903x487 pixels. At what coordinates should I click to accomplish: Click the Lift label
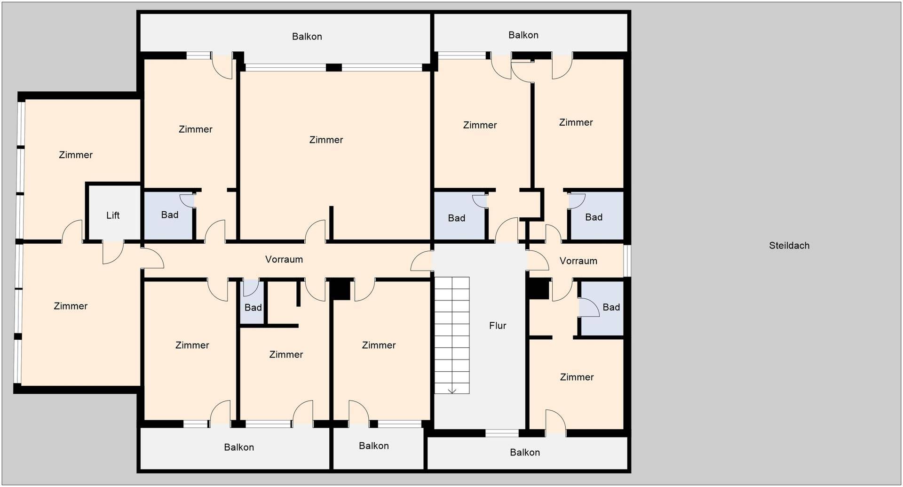(x=113, y=216)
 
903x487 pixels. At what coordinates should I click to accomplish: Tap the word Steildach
(x=789, y=246)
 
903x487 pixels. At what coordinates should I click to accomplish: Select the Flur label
(x=498, y=326)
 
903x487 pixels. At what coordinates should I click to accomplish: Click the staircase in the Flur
(x=452, y=335)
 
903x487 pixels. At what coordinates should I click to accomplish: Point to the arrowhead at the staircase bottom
(x=452, y=391)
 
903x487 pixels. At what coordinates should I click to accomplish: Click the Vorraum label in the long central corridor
(x=284, y=259)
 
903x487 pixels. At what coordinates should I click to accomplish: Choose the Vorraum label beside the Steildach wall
(x=578, y=261)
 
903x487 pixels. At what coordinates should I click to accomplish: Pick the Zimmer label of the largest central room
(x=326, y=140)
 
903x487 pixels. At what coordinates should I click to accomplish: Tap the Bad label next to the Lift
(x=170, y=215)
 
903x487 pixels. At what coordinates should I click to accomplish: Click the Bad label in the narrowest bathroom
(x=253, y=308)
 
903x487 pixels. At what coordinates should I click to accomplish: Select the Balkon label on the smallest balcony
(x=374, y=446)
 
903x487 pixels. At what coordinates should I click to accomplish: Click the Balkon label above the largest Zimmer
(x=307, y=37)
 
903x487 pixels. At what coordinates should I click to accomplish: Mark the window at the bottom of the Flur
(x=502, y=433)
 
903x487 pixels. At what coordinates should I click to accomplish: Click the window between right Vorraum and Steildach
(x=627, y=260)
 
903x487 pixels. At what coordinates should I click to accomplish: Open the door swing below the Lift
(x=113, y=253)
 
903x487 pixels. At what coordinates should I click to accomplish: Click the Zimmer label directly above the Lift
(x=76, y=155)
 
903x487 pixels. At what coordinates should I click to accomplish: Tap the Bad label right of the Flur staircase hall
(x=611, y=307)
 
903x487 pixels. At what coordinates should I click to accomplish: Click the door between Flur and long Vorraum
(x=422, y=261)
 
